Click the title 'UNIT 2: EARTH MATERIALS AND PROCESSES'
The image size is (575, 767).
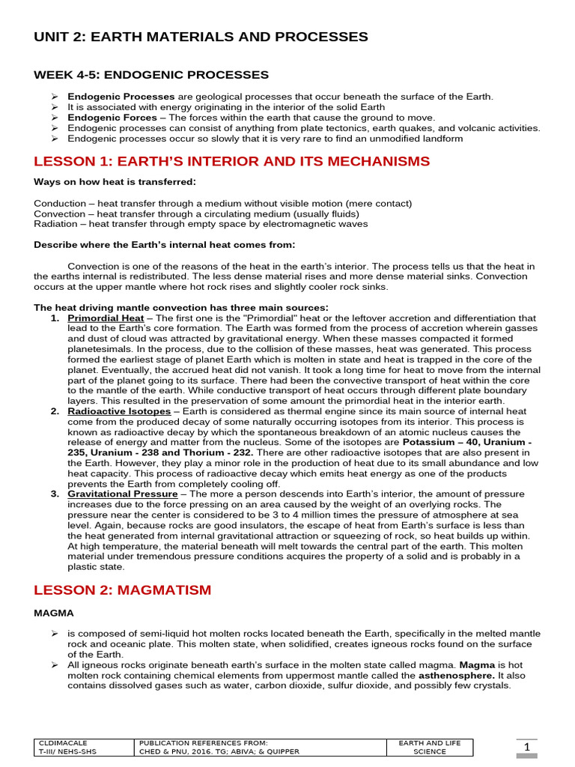pyautogui.click(x=201, y=37)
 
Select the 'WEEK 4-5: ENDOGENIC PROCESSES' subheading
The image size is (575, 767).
pyautogui.click(x=151, y=75)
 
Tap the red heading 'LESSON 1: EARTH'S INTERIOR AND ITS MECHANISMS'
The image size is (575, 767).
pyautogui.click(x=232, y=161)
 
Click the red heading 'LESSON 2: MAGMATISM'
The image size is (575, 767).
pyautogui.click(x=123, y=590)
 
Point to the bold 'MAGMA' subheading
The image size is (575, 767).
pyautogui.click(x=54, y=613)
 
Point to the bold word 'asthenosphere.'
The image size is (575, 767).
pyautogui.click(x=456, y=675)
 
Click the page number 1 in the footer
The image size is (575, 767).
pyautogui.click(x=526, y=747)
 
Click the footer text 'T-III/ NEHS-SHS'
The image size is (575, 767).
pyautogui.click(x=67, y=752)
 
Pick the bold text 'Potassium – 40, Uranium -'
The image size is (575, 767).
pyautogui.click(x=466, y=443)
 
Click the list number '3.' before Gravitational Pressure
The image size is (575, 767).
pyautogui.click(x=55, y=494)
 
